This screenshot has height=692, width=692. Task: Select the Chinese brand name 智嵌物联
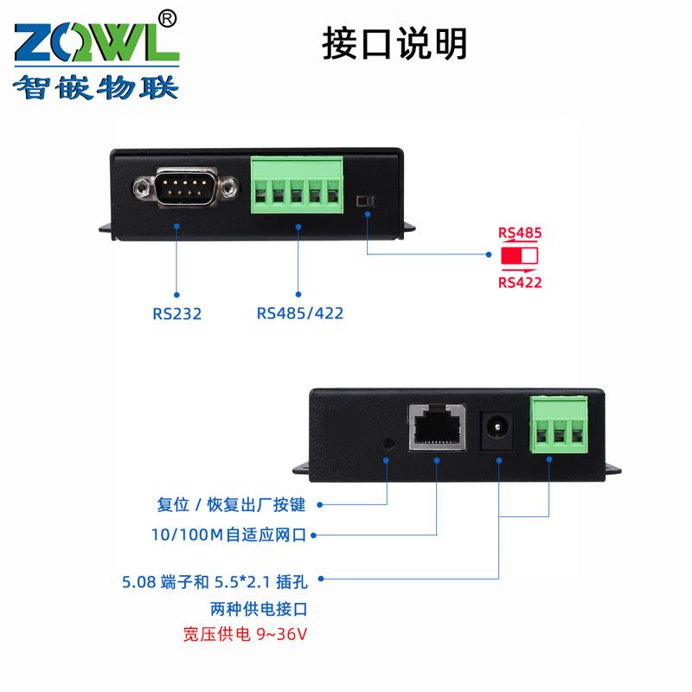tap(95, 87)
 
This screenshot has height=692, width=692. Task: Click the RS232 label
tap(176, 313)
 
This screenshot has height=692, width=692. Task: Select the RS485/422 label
tap(299, 313)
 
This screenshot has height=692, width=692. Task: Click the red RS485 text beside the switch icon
tap(520, 233)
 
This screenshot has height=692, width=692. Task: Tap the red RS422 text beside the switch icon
tap(520, 281)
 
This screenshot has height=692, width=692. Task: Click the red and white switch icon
tap(519, 256)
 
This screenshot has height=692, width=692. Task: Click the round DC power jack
tap(497, 426)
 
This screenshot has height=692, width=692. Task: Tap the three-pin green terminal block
tap(559, 425)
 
